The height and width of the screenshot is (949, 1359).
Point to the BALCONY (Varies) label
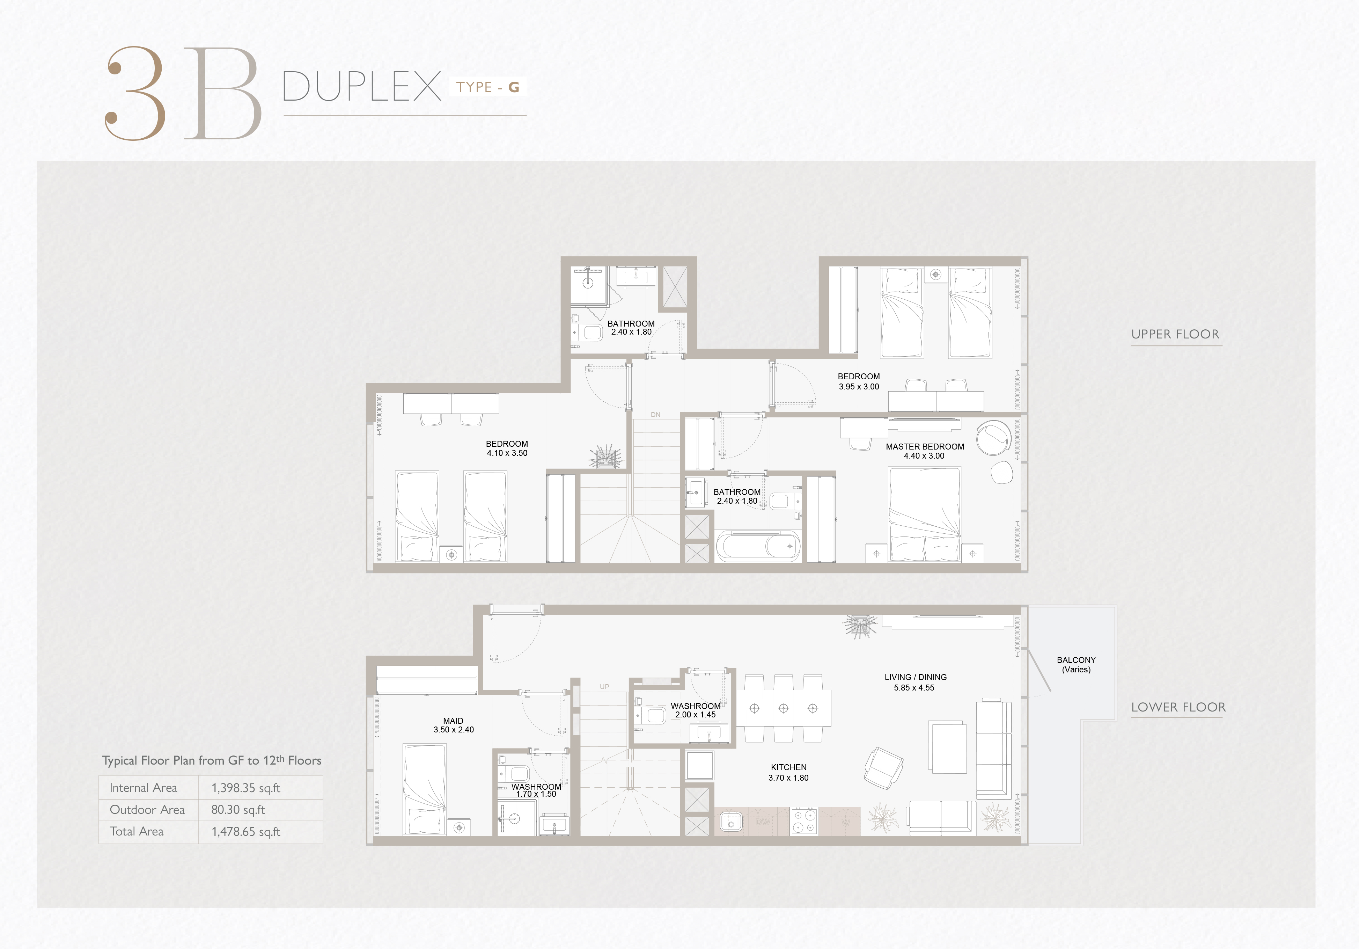point(1076,664)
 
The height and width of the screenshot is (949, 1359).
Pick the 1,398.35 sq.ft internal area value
point(245,788)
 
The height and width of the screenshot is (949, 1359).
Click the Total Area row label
point(137,831)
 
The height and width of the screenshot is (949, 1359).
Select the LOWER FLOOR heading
point(1178,707)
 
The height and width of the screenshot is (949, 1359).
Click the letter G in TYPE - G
point(513,88)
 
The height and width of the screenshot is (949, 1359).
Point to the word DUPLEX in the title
point(362,86)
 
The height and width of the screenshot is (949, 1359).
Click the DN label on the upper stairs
point(655,414)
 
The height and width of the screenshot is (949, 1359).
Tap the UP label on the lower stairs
point(604,687)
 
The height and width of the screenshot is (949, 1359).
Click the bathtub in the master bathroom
point(758,546)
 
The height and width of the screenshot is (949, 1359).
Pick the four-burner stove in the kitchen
point(804,821)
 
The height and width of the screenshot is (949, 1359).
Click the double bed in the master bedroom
point(925,514)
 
